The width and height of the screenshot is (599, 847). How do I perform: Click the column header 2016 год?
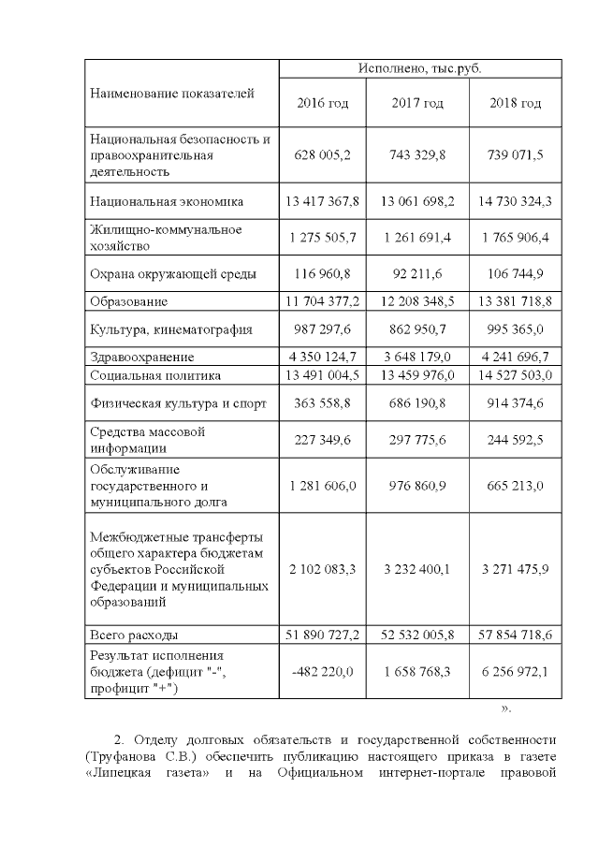tap(322, 103)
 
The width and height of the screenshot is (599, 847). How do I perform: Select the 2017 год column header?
tap(417, 103)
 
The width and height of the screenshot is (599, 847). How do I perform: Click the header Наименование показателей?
tap(171, 93)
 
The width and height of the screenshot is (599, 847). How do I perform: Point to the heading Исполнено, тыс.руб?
tap(418, 69)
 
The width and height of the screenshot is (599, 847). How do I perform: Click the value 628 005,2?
tap(322, 155)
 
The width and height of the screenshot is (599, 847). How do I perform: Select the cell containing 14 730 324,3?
tap(516, 201)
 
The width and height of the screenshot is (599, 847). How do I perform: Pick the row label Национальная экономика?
tap(167, 201)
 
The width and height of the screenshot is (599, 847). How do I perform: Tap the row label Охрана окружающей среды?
tap(173, 275)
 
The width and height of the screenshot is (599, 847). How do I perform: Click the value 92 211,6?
tap(417, 275)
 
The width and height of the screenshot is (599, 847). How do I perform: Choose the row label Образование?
tap(129, 301)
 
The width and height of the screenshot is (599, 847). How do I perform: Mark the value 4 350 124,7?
tap(322, 357)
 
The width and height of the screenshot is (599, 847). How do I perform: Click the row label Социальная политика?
tap(155, 375)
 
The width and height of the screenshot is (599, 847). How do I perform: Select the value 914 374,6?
tap(516, 403)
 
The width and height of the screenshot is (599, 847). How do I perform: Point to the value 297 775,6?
tap(417, 440)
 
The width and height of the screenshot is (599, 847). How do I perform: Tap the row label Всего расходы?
tap(134, 635)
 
